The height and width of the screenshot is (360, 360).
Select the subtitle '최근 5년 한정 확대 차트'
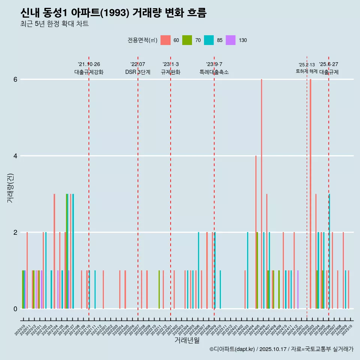(54, 24)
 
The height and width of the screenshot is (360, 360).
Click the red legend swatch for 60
(165, 40)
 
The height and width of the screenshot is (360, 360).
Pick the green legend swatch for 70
(187, 40)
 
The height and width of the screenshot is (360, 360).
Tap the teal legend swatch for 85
(209, 40)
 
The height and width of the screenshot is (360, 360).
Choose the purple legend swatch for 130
(231, 40)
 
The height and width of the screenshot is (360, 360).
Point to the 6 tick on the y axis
(15, 79)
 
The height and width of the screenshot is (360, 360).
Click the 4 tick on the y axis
(15, 156)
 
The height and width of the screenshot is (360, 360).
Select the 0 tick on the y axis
(15, 309)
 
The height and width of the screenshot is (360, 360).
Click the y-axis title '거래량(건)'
(10, 188)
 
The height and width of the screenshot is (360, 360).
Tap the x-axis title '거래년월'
(187, 340)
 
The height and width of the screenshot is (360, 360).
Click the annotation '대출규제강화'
(89, 72)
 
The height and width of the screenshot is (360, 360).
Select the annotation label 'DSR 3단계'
(138, 72)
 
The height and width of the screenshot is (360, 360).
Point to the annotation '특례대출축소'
(214, 72)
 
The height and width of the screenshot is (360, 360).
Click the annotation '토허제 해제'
(307, 71)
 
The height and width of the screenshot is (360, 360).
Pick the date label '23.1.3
(171, 64)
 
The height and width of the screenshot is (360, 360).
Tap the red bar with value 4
(256, 232)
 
